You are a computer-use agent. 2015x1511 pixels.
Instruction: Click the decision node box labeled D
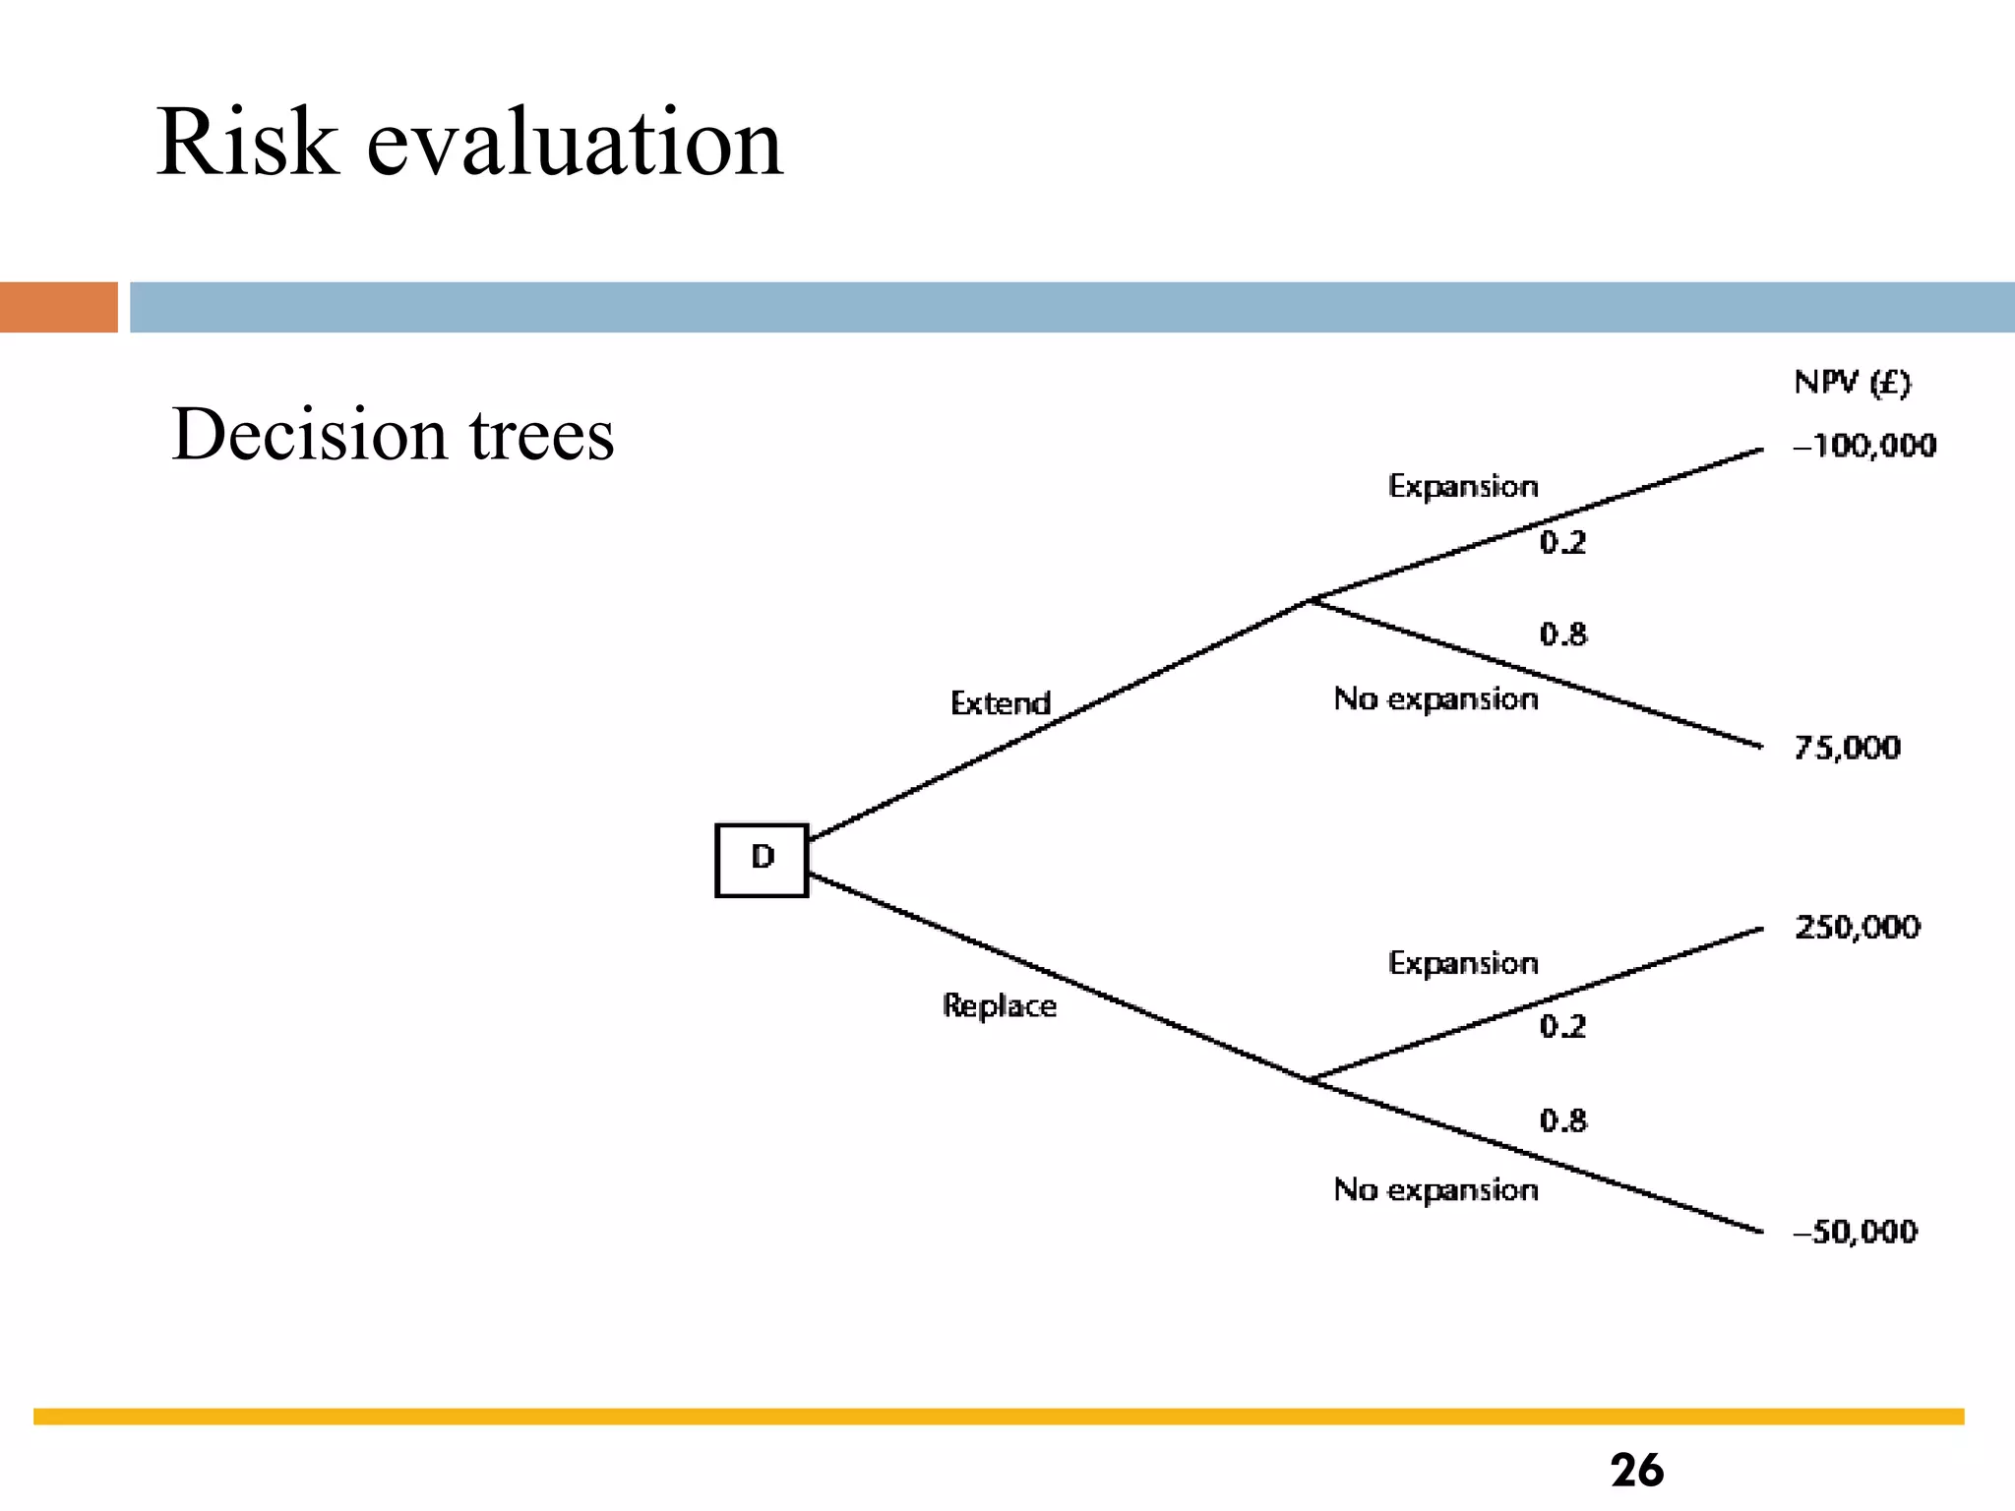pos(762,860)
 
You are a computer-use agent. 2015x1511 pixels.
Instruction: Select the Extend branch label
pos(1000,703)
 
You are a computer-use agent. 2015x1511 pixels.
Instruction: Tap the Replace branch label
pos(999,1005)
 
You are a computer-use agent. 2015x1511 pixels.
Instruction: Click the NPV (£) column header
pos(1852,382)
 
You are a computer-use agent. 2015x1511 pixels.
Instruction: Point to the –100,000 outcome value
pos(1864,446)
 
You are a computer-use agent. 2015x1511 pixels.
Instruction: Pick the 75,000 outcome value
pos(1847,748)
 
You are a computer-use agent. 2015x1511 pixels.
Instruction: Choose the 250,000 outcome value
pos(1857,927)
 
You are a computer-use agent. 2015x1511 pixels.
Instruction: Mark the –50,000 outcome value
pos(1855,1231)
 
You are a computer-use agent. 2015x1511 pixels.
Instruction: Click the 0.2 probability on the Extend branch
pos(1562,542)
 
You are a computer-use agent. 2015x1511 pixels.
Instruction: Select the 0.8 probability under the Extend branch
pos(1562,634)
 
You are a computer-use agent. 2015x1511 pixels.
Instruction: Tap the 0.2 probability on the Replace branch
pos(1562,1027)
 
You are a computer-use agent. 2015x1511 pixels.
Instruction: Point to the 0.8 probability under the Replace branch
pos(1562,1119)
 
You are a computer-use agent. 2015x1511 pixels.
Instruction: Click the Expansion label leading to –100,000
pos(1463,486)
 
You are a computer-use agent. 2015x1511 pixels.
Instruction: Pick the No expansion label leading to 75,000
pos(1435,698)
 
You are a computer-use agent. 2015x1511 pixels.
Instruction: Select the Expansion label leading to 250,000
pos(1463,963)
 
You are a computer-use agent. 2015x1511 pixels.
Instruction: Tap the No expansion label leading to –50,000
pos(1435,1189)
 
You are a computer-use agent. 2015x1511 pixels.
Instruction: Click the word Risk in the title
pos(247,143)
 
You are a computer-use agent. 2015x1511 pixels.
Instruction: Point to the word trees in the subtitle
pos(541,434)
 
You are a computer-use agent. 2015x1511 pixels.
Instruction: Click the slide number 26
pos(1636,1471)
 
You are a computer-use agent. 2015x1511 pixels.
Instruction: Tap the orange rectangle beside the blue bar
pos(59,307)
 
